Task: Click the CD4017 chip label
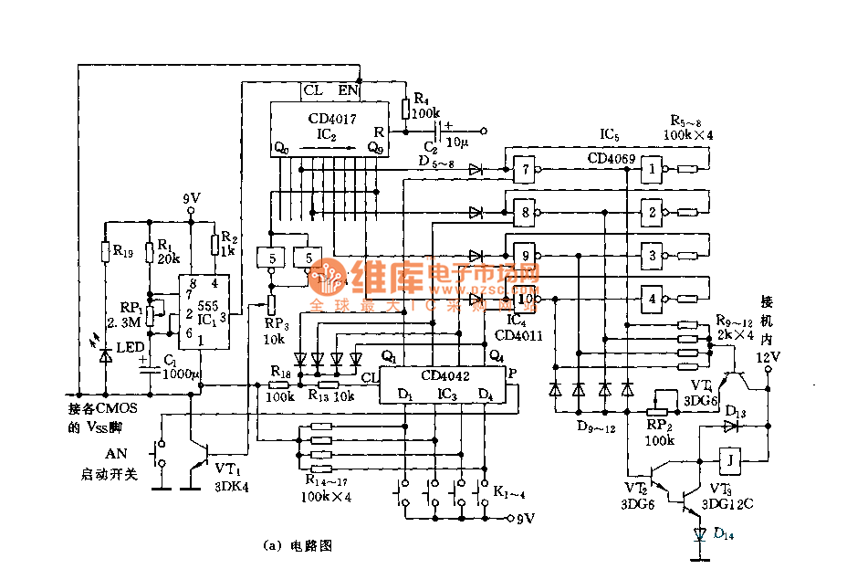[332, 119]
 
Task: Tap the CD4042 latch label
[446, 374]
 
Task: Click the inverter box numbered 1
[652, 169]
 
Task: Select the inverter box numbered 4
[652, 298]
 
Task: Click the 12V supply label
[768, 356]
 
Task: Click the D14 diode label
[723, 534]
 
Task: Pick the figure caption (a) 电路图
[298, 546]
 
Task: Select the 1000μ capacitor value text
[179, 374]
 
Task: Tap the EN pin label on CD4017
[348, 90]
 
